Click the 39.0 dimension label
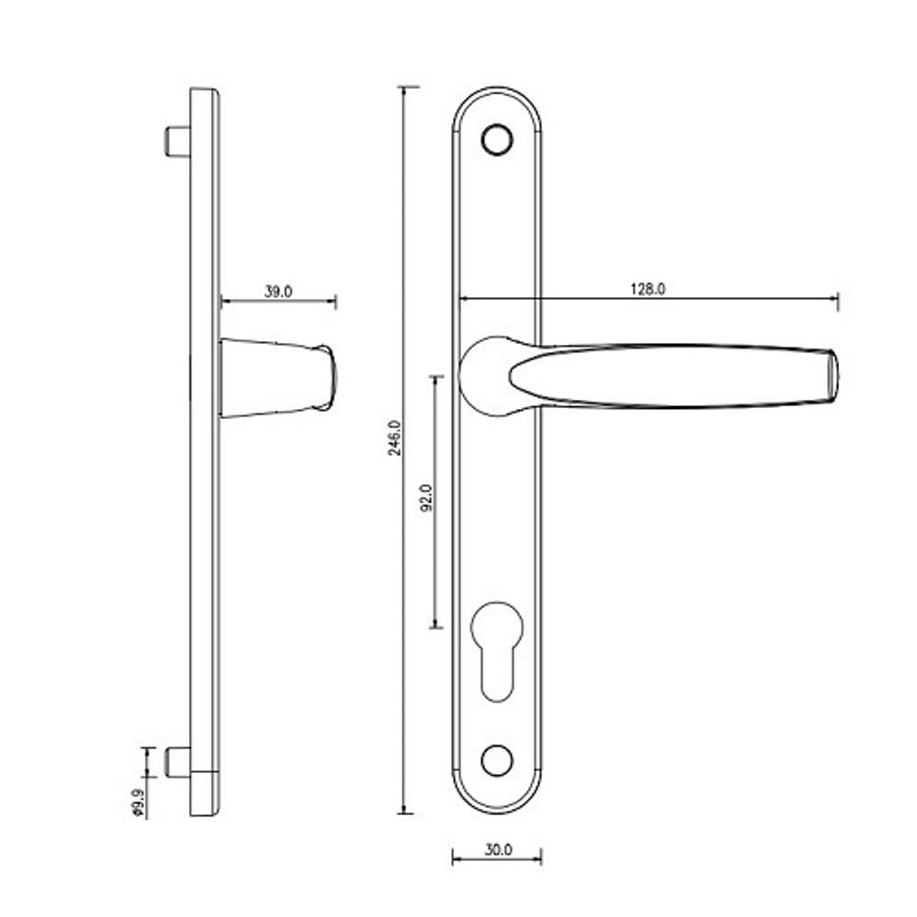pyautogui.click(x=278, y=292)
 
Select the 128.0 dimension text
pyautogui.click(x=646, y=289)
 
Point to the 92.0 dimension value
pyautogui.click(x=425, y=496)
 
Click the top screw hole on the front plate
pyautogui.click(x=497, y=138)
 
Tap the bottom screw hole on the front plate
pyautogui.click(x=497, y=759)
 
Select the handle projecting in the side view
pyautogui.click(x=278, y=377)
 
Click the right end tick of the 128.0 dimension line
pyautogui.click(x=837, y=300)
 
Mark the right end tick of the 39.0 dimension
pyautogui.click(x=336, y=302)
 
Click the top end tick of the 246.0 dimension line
pyautogui.click(x=406, y=87)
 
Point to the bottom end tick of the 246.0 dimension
pyautogui.click(x=406, y=812)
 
